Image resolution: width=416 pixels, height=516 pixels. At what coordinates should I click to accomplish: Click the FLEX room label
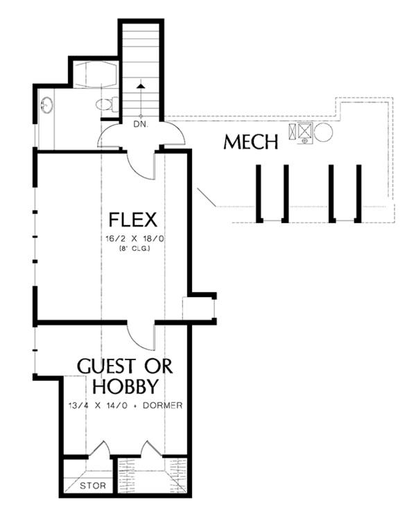[x=132, y=220]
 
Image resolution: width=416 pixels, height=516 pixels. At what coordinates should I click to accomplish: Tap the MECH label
[x=251, y=142]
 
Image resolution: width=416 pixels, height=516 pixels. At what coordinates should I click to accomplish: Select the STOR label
[x=93, y=486]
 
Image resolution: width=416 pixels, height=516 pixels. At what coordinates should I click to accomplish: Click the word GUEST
[x=106, y=366]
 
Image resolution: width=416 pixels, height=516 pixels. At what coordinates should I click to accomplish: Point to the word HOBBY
[x=125, y=386]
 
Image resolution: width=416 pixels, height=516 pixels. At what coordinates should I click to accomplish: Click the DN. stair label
[x=141, y=125]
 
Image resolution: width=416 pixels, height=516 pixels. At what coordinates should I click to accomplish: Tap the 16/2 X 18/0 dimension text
[x=135, y=238]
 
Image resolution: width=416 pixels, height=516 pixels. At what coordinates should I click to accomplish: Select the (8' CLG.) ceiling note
[x=135, y=249]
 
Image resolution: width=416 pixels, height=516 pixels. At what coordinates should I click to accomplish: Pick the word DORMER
[x=162, y=405]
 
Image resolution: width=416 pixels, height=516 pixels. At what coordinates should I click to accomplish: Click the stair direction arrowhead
[x=141, y=86]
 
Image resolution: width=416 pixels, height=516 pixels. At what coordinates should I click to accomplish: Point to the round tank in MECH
[x=324, y=132]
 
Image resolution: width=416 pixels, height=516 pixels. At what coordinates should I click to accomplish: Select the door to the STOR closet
[x=99, y=448]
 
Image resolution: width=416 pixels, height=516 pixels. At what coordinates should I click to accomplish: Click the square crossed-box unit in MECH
[x=304, y=130]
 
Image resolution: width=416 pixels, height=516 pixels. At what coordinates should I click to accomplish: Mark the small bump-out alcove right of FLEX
[x=199, y=308]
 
